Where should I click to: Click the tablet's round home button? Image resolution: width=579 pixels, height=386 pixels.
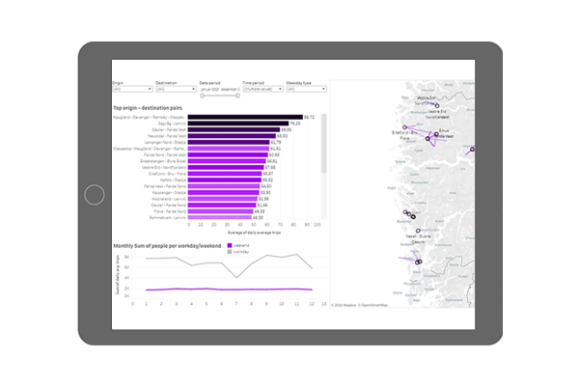(x=94, y=194)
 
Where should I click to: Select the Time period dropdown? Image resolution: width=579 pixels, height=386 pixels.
(x=261, y=89)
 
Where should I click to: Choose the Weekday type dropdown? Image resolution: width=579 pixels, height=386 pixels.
(x=304, y=89)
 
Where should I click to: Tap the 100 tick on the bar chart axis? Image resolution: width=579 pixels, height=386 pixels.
(x=318, y=225)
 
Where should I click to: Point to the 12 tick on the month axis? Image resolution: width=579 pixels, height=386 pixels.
(x=312, y=303)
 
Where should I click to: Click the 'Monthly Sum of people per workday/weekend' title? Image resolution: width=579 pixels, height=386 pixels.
(x=168, y=246)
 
